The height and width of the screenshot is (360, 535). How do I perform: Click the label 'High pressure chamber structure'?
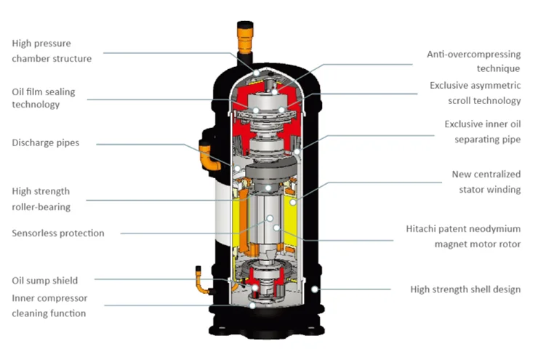point(52,51)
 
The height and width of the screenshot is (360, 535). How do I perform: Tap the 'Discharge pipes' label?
point(45,143)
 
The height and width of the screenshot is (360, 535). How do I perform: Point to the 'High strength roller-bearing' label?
point(41,199)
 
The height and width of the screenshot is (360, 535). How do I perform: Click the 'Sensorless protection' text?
point(58,233)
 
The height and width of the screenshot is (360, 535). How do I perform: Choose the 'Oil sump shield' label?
point(44,280)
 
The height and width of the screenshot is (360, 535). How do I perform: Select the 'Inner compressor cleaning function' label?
point(49,305)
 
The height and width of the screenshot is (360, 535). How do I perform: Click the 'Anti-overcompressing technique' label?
point(473,61)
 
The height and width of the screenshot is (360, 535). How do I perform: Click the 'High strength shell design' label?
point(465,289)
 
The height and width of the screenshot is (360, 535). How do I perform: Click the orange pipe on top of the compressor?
point(243,36)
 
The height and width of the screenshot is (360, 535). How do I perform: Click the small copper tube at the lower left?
point(199,280)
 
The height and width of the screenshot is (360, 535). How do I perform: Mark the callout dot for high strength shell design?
point(313,289)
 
